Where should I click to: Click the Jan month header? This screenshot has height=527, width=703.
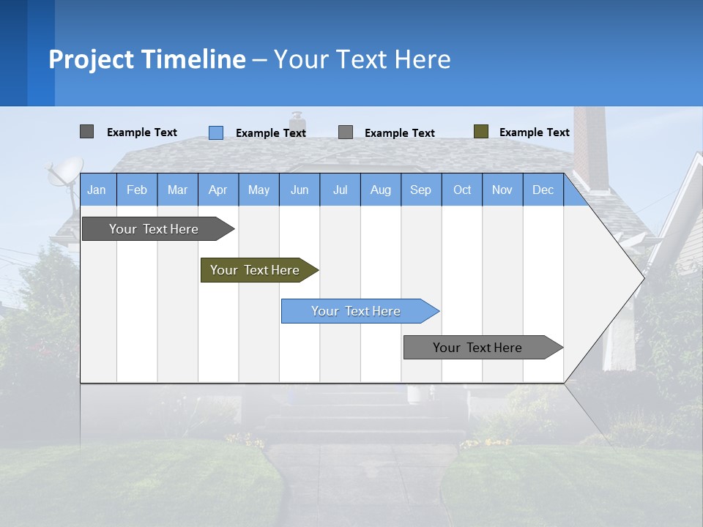[97, 190]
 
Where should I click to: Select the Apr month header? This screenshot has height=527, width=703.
[218, 190]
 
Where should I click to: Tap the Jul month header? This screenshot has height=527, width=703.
[340, 190]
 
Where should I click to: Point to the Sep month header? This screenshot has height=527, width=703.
[420, 190]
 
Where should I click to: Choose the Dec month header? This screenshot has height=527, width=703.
[543, 190]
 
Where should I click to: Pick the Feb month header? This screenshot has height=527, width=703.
[137, 190]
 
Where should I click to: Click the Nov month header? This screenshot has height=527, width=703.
[502, 190]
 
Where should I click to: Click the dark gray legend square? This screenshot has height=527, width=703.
[86, 132]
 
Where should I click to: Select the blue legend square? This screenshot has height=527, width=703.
[216, 132]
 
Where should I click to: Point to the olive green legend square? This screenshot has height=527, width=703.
[481, 132]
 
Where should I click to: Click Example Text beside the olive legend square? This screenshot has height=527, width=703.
[534, 132]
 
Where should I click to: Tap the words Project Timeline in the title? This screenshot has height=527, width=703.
[147, 59]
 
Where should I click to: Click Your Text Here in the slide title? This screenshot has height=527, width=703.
[362, 59]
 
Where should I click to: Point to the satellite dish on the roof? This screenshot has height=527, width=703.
[64, 173]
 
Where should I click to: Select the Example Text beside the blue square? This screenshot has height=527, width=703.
[270, 133]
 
